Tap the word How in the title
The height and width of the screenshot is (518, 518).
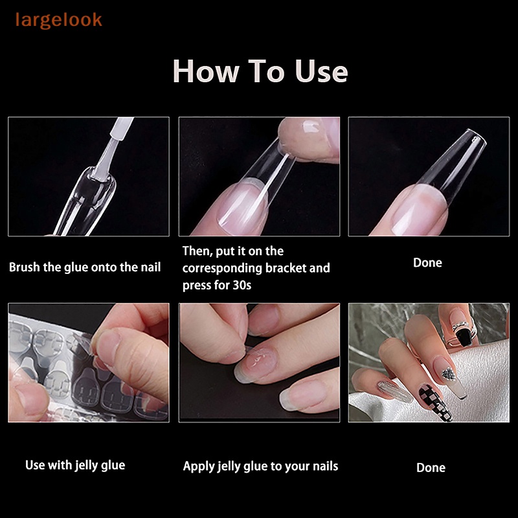point(203,71)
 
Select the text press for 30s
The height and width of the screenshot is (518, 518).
point(217,284)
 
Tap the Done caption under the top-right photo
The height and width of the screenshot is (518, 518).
point(427,262)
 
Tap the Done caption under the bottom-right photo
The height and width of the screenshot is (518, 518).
point(431,467)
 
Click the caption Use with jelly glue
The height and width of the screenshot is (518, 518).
point(75,464)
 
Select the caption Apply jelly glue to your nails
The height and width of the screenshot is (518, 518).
point(260,466)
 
